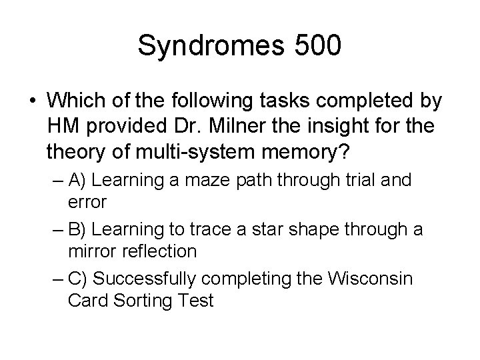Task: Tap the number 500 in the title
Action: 315,46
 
